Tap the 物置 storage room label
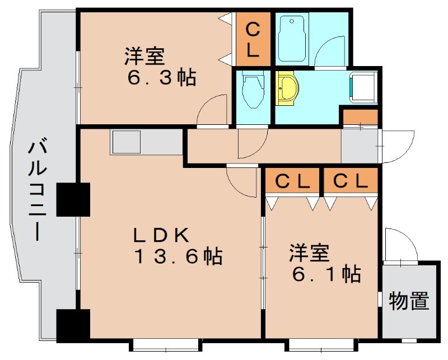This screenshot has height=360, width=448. coord(409,301)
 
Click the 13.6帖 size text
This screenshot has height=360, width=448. coord(178,257)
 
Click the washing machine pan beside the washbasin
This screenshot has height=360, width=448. coord(364,87)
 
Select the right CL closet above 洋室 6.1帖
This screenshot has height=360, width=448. coord(350,181)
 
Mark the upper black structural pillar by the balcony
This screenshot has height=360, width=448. coord(73,200)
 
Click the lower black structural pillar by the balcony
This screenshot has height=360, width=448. coord(73,325)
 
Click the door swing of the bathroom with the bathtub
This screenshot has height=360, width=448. coord(330,52)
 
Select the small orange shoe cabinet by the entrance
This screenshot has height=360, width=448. coord(360,118)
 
